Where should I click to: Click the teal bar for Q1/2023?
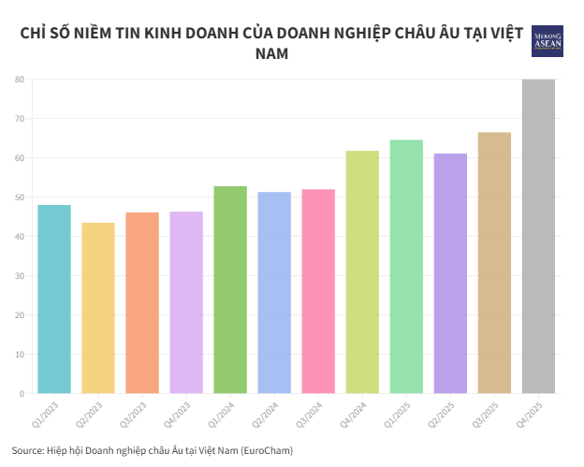tap(54, 299)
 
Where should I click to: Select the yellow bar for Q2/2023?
tap(98, 308)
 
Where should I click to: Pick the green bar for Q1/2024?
tap(230, 289)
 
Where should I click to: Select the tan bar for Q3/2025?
tap(494, 262)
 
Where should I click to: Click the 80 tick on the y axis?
tap(19, 80)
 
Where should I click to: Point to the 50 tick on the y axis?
tap(19, 197)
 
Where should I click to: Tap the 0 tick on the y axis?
tap(22, 394)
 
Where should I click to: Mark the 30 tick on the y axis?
tap(19, 276)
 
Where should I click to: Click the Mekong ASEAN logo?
tap(547, 41)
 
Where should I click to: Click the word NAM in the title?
tap(271, 54)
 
